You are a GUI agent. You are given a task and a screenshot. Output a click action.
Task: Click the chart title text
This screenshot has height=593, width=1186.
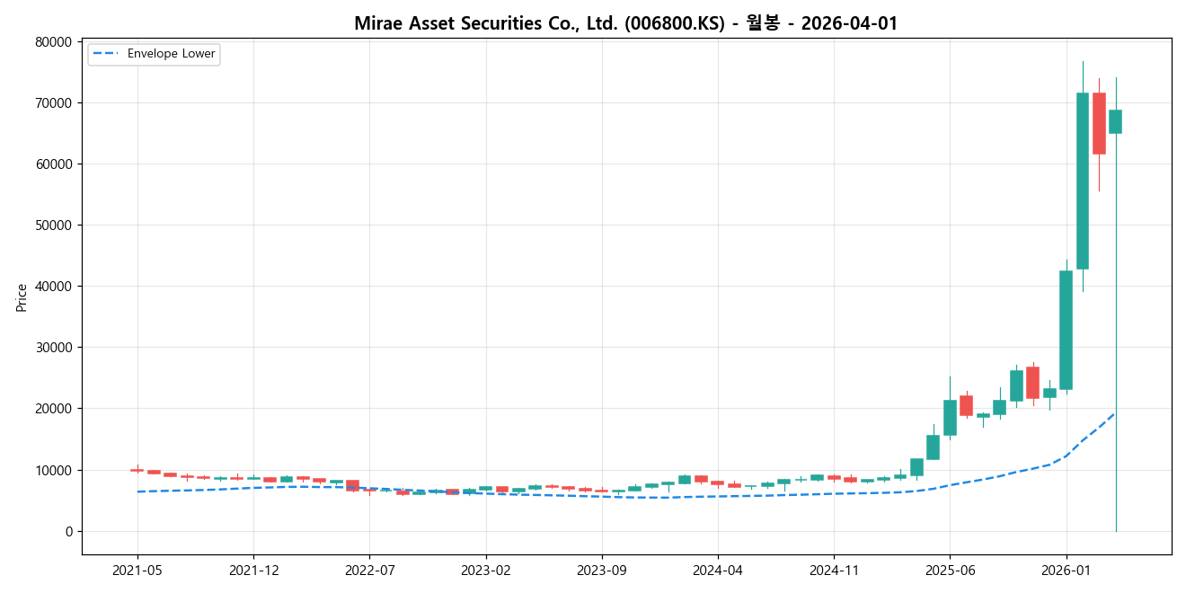[x=625, y=23]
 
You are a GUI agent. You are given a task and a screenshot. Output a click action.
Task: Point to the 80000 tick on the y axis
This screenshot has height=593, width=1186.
[x=53, y=42]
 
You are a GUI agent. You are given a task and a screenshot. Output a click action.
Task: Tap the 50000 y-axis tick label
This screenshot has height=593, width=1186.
[x=53, y=226]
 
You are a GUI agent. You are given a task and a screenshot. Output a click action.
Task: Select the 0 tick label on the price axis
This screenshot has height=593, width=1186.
[x=67, y=532]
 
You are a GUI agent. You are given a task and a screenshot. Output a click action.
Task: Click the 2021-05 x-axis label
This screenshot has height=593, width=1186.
[x=137, y=570]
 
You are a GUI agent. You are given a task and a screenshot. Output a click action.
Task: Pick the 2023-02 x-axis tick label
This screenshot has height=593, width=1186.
[x=486, y=570]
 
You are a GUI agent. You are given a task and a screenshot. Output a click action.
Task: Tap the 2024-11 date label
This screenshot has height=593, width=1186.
[x=834, y=570]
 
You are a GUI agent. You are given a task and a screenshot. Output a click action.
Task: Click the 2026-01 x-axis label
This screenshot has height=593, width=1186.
[x=1067, y=570]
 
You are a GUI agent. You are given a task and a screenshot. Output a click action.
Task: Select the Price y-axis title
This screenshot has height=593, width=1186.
[x=22, y=297]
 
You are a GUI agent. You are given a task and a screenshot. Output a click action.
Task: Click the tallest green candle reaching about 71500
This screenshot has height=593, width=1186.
[x=1083, y=181]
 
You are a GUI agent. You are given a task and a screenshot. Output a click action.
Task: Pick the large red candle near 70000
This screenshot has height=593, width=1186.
[x=1099, y=123]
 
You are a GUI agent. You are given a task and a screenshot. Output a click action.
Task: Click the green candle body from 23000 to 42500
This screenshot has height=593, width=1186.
[x=1066, y=330]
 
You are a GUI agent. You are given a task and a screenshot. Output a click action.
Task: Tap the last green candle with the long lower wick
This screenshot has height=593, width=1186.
[x=1115, y=122]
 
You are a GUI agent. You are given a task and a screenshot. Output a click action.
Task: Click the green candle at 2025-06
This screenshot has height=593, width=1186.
[x=950, y=418]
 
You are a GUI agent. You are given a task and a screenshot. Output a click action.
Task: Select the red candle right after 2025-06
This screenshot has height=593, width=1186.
[x=966, y=405]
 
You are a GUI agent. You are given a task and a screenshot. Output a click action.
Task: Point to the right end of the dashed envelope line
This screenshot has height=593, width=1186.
[x=1114, y=413]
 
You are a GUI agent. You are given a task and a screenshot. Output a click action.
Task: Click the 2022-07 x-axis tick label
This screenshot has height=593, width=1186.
[x=369, y=570]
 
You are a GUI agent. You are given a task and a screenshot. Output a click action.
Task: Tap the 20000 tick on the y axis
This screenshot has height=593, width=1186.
[x=53, y=409]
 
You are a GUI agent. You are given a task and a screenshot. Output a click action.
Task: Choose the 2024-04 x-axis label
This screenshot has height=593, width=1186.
[x=718, y=570]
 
